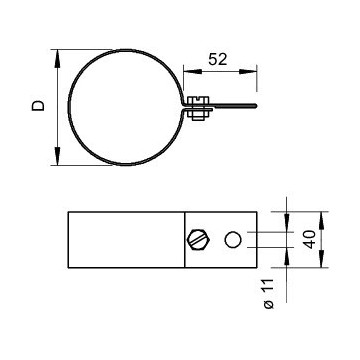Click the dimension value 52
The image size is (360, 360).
[x=218, y=59]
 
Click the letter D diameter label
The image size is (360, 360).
[x=38, y=105]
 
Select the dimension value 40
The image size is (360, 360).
[x=310, y=239]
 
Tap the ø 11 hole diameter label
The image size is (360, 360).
[x=269, y=293]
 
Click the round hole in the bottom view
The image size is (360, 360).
[x=233, y=240]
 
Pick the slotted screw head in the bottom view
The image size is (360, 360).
[x=199, y=239]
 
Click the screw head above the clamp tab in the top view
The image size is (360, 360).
[x=198, y=101]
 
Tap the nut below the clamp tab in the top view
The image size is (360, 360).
[x=197, y=114]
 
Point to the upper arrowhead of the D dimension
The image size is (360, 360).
[x=58, y=60]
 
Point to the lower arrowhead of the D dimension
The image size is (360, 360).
[x=58, y=155]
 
